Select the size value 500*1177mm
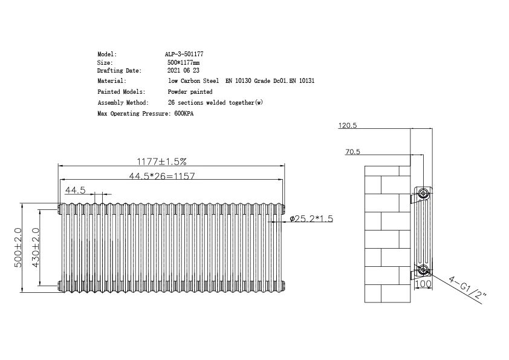[x=183, y=62]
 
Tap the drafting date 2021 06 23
[x=183, y=71]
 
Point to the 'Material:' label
[x=112, y=80]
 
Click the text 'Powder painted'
[x=190, y=92]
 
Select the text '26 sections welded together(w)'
[x=215, y=103]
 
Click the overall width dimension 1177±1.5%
[x=161, y=162]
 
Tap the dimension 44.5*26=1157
[x=161, y=176]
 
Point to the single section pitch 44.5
[x=76, y=190]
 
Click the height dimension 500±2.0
[x=19, y=247]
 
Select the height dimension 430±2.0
[x=36, y=247]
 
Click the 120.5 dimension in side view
[x=348, y=126]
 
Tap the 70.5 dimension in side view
[x=353, y=152]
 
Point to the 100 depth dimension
[x=424, y=284]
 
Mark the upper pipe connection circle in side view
[x=424, y=194]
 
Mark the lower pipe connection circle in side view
[x=424, y=269]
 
